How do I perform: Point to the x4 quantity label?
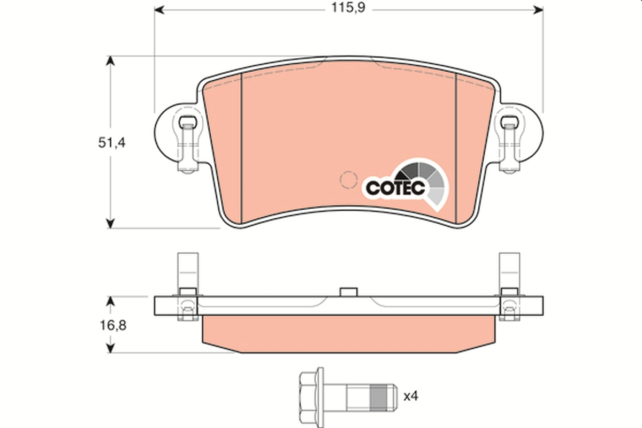[410, 396]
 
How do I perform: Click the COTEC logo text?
[395, 188]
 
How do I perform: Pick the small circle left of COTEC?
[349, 179]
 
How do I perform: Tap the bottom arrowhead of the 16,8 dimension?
[110, 347]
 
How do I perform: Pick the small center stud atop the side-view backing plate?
[348, 292]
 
